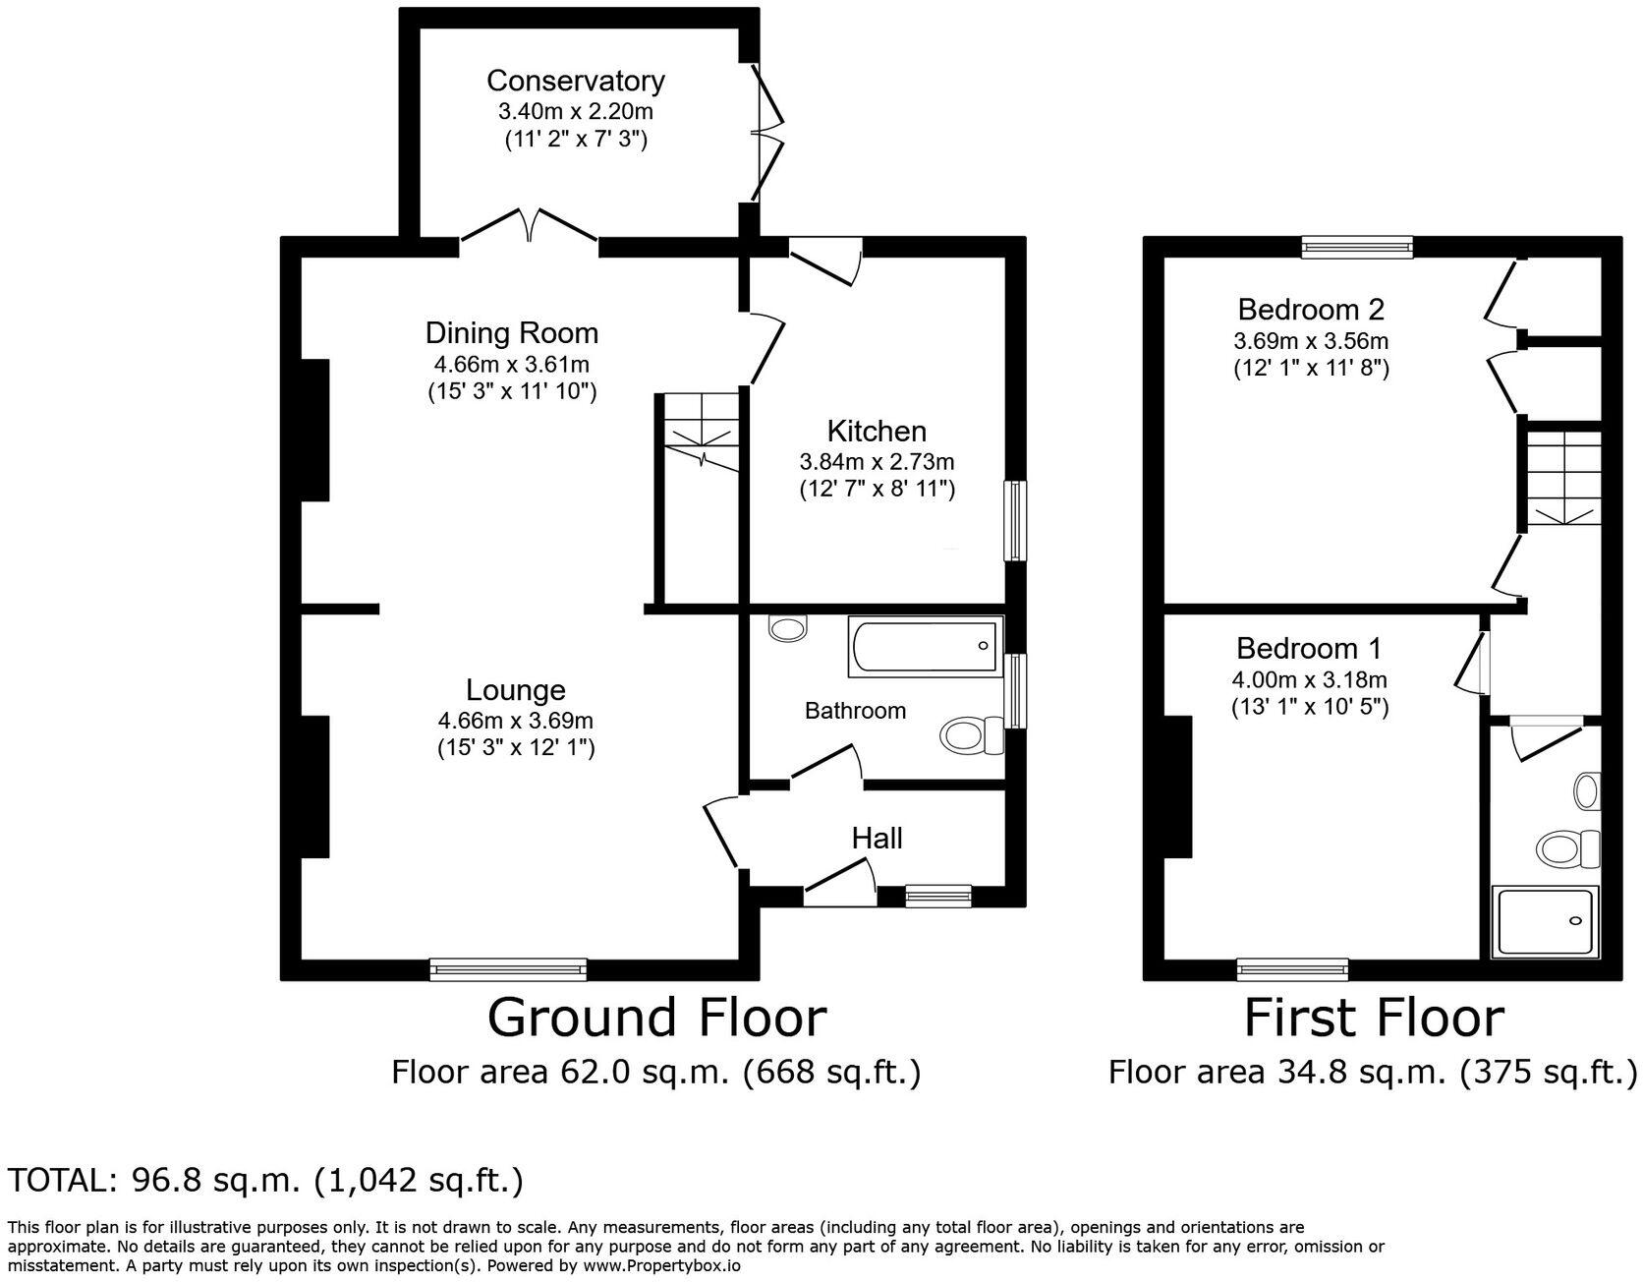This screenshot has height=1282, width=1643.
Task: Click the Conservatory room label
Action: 575,80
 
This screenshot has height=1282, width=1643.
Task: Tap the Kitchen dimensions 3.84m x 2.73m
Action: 877,461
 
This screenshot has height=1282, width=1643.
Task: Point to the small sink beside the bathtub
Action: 787,627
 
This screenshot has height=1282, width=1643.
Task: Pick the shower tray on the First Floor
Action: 1545,922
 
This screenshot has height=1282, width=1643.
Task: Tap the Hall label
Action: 877,839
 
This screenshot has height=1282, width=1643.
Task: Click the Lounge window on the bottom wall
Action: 508,969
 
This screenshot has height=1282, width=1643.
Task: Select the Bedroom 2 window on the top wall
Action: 1357,247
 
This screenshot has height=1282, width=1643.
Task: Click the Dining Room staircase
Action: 701,433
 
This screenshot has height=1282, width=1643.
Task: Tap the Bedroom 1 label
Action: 1308,649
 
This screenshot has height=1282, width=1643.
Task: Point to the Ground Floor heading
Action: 656,1018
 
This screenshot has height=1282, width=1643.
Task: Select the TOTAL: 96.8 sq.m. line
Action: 265,1180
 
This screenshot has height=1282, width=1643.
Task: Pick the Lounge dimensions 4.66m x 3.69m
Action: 515,721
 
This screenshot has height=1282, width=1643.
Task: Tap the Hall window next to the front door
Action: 937,895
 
